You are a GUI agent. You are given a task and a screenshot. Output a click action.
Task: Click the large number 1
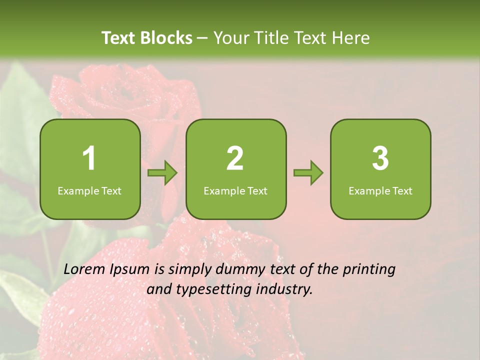pyautogui.click(x=89, y=158)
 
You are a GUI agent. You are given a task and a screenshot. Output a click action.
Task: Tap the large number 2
pyautogui.click(x=235, y=158)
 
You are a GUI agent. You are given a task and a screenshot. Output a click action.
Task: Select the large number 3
pyautogui.click(x=380, y=158)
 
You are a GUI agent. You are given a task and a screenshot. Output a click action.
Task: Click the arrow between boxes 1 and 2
pyautogui.click(x=162, y=173)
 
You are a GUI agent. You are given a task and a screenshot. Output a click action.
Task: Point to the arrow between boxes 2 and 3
pyautogui.click(x=308, y=173)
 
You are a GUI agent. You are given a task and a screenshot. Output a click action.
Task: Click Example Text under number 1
pyautogui.click(x=89, y=191)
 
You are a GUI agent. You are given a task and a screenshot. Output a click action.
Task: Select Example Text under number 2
pyautogui.click(x=235, y=191)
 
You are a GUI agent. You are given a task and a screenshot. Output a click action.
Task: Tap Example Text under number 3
pyautogui.click(x=380, y=191)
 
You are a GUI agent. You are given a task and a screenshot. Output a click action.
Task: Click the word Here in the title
pyautogui.click(x=351, y=38)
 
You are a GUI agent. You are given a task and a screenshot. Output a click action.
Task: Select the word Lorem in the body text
pyautogui.click(x=84, y=269)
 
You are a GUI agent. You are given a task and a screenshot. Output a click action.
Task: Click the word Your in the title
pyautogui.click(x=229, y=38)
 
